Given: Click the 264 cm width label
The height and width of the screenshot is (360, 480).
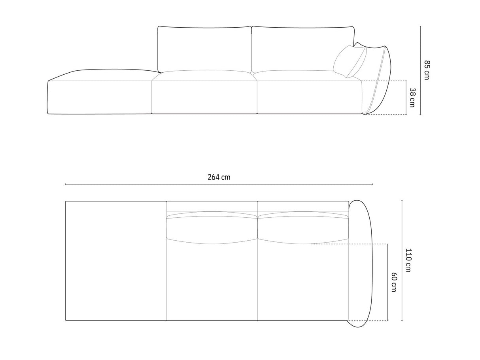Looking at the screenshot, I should point(219,177).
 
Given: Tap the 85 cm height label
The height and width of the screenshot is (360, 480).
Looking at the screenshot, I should point(426,70).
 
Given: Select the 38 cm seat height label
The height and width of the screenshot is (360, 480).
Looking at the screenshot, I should point(412,97).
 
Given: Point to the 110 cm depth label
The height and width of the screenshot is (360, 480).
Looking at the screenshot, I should point(408,260).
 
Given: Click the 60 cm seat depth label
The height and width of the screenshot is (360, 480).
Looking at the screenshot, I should point(393,282).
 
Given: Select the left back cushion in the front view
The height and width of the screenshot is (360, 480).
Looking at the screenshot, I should point(204,49).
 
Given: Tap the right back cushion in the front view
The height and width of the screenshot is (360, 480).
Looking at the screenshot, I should point(302,49).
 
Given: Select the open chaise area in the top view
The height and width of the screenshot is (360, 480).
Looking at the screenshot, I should point(116,261).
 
